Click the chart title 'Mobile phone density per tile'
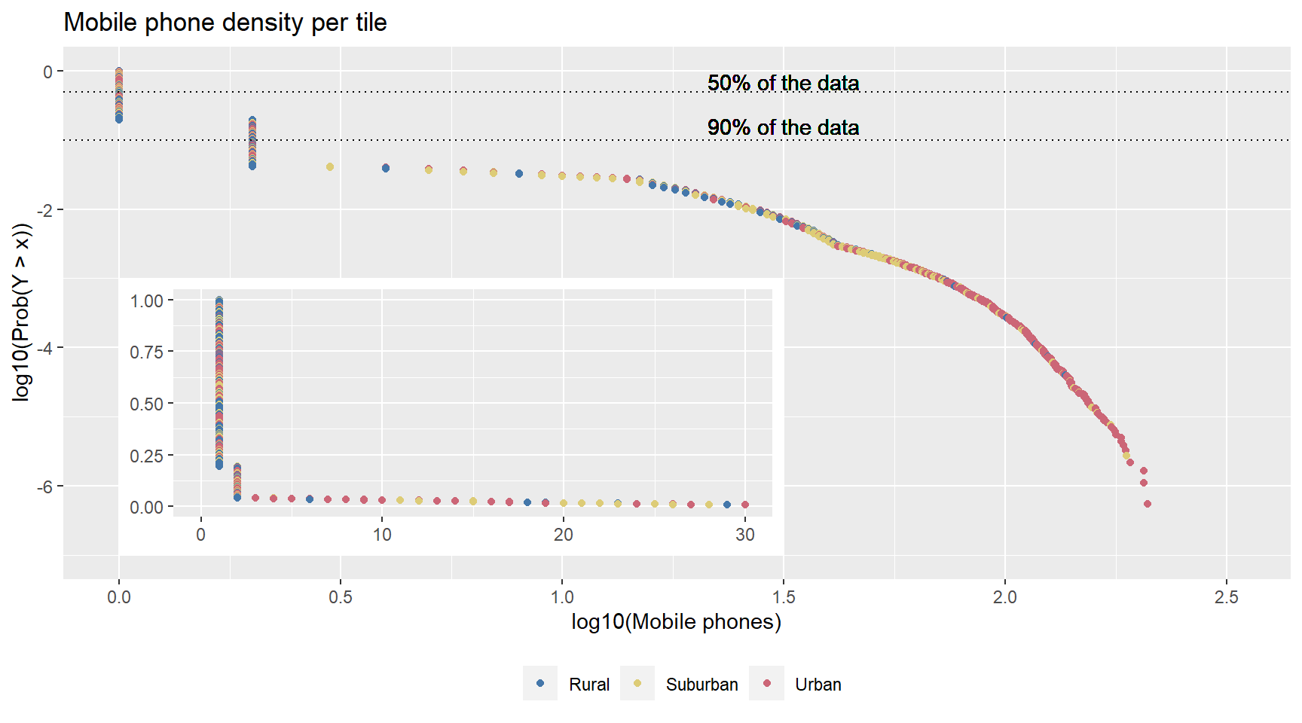tap(225, 23)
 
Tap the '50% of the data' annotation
tap(783, 83)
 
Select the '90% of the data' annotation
tap(783, 127)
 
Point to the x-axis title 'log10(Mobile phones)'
tap(676, 621)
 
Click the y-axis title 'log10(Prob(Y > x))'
tap(21, 312)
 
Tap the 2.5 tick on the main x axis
tap(1226, 597)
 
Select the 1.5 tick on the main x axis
tap(783, 597)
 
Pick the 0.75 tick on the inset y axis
tap(146, 352)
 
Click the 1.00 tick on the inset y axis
tap(146, 300)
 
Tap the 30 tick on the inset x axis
tap(744, 535)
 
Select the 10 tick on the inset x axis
tap(382, 535)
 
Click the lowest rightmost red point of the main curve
tap(1147, 504)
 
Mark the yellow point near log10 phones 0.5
tap(329, 166)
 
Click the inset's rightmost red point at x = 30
tap(745, 505)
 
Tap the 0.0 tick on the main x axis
tap(118, 597)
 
